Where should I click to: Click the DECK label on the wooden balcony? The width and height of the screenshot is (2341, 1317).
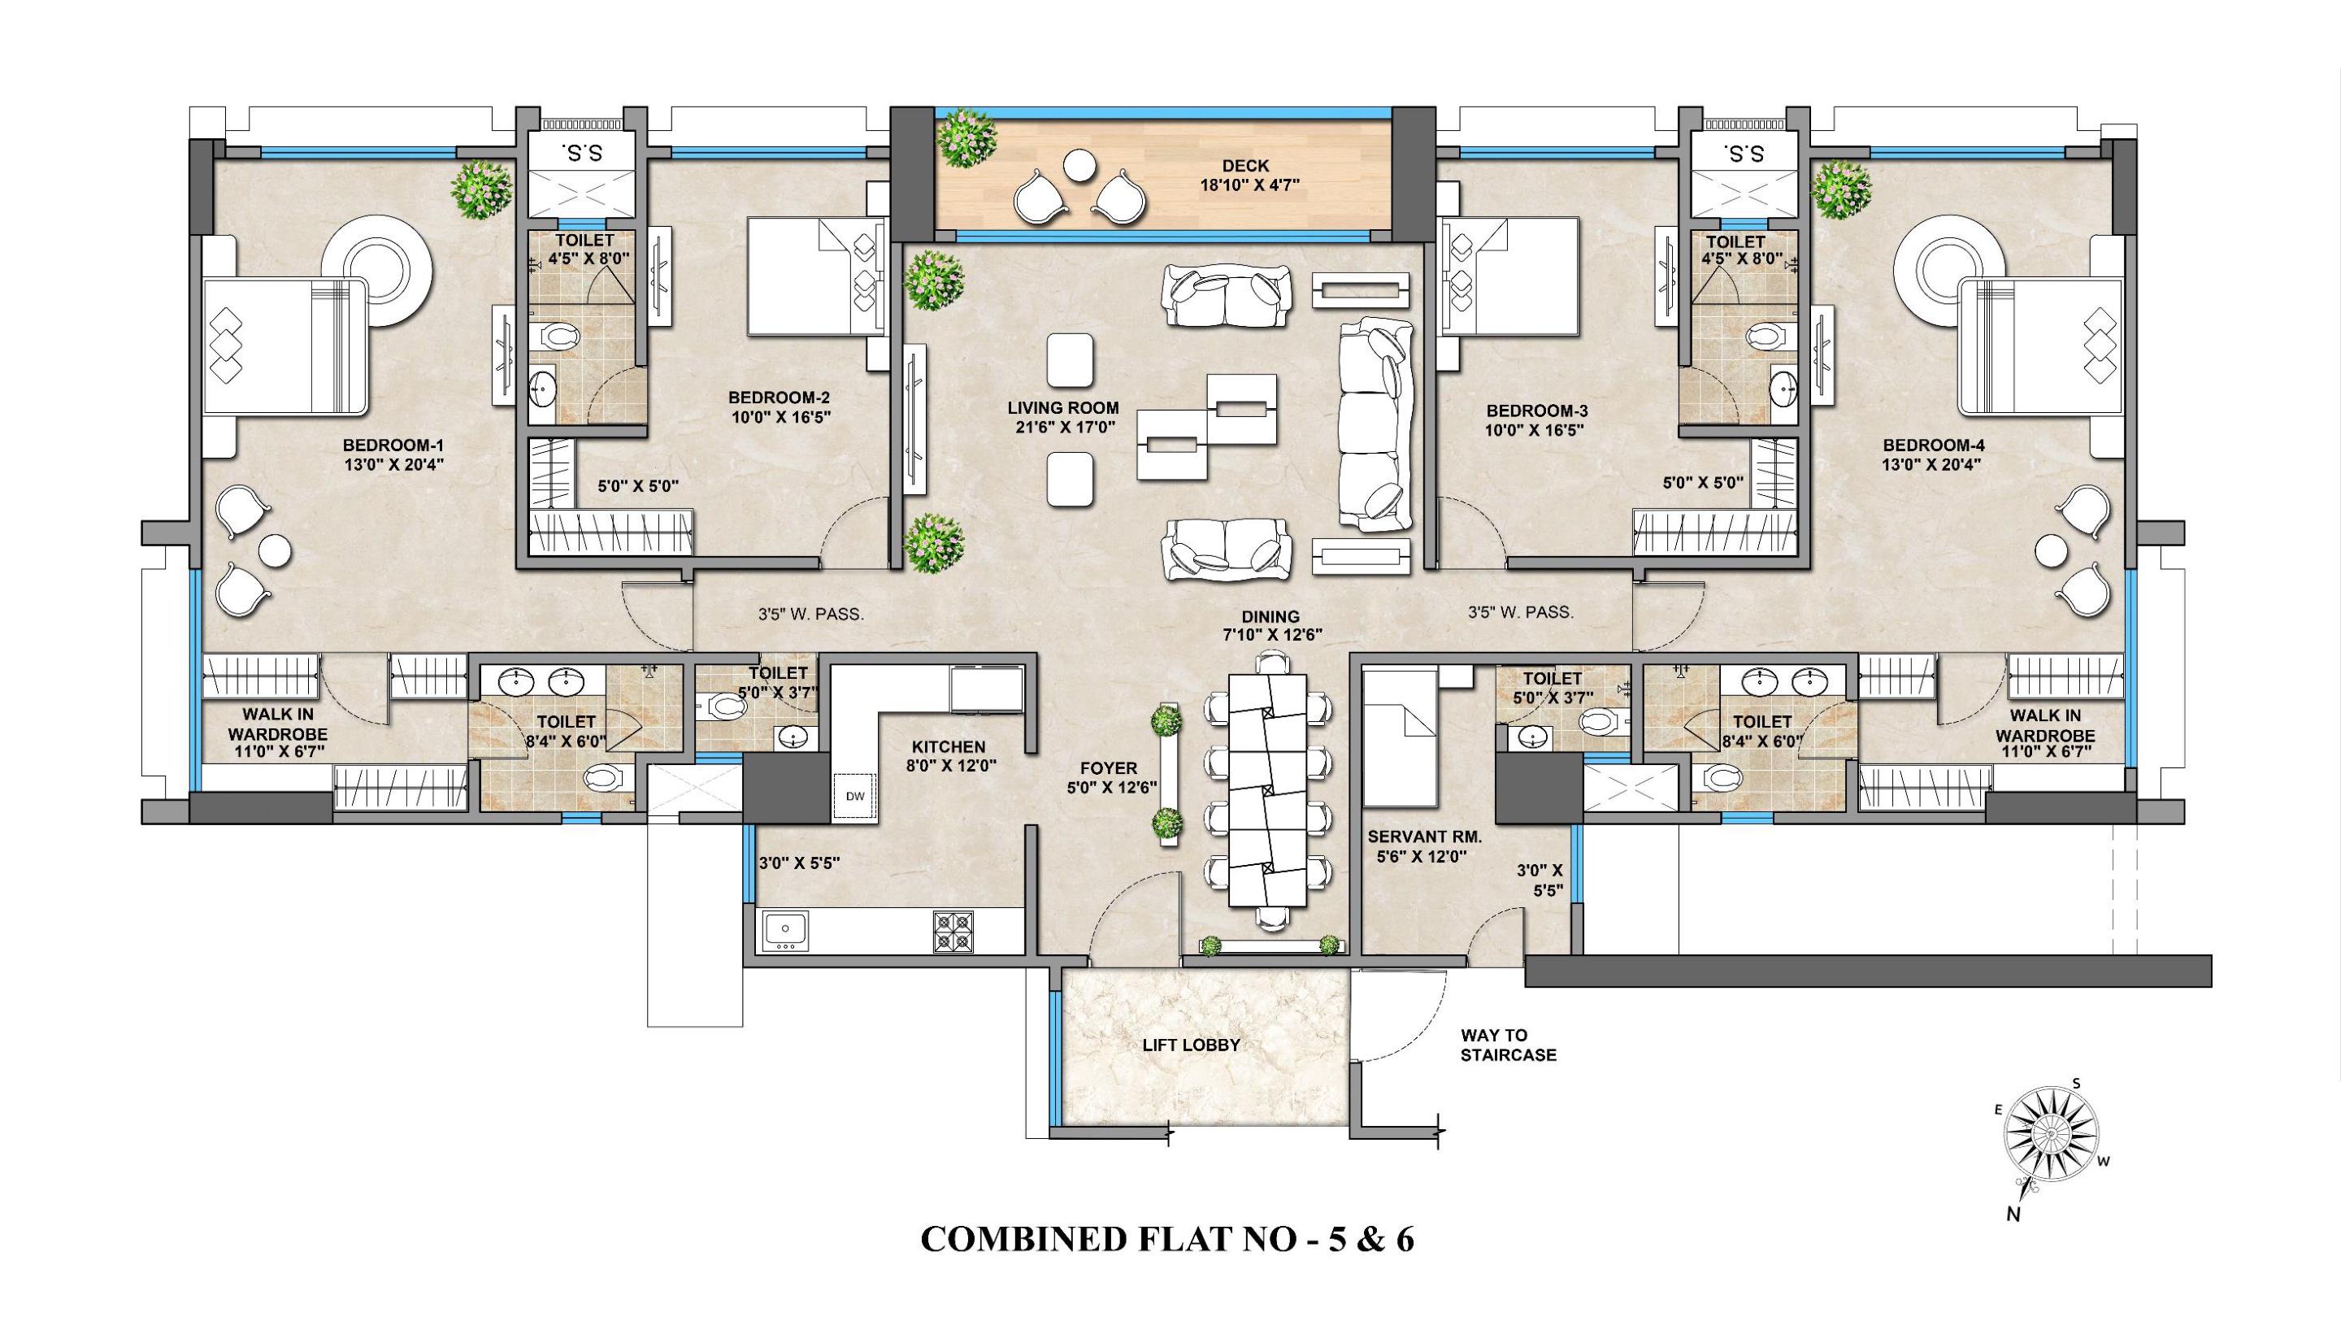tap(1245, 167)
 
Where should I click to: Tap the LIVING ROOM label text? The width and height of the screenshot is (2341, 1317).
tap(1062, 408)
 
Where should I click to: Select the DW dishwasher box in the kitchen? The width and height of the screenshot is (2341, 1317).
tap(855, 796)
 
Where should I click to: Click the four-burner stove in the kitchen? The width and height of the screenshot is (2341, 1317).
tap(953, 932)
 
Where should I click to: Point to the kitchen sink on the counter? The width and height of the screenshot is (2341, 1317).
tap(787, 932)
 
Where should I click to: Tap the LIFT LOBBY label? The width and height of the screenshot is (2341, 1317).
tap(1191, 1045)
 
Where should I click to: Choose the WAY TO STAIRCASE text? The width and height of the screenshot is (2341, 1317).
tap(1509, 1045)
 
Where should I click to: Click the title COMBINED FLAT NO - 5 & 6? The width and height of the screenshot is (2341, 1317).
tap(1168, 1265)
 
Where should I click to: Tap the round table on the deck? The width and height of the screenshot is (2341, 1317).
tap(1079, 165)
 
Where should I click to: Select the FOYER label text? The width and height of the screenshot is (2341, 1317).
tap(1109, 769)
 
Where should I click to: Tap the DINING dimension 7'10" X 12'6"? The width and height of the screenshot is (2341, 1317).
tap(1272, 634)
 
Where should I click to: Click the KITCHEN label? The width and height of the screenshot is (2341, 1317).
tap(949, 746)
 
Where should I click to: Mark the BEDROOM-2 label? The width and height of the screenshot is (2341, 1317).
tap(779, 398)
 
